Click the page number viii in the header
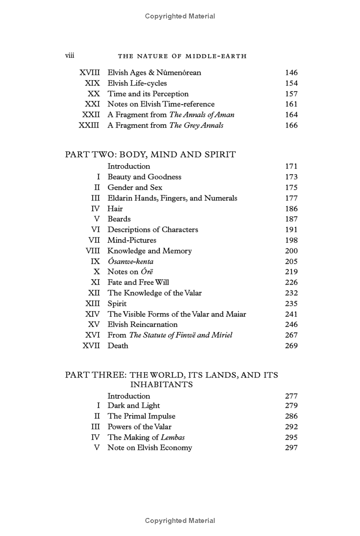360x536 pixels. [x=70, y=55]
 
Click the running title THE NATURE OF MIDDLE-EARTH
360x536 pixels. [x=182, y=56]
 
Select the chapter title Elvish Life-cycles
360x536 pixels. [x=137, y=83]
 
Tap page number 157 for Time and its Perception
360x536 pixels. [x=291, y=94]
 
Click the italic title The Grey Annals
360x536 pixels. [x=196, y=125]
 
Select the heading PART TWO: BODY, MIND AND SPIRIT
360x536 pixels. [x=150, y=154]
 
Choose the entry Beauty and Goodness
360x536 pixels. [x=144, y=177]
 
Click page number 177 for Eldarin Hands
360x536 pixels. [x=291, y=198]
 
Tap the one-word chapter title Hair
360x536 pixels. [x=115, y=209]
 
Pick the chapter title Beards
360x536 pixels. [x=119, y=219]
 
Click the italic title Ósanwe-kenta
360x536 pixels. [x=130, y=261]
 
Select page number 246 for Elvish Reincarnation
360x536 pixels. [x=291, y=324]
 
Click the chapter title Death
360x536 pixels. [x=117, y=345]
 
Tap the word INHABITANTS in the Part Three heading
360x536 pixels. [x=162, y=385]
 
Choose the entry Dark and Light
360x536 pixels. [x=133, y=406]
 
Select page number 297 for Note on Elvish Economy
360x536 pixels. [x=291, y=448]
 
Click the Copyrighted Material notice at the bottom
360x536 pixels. [x=180, y=521]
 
